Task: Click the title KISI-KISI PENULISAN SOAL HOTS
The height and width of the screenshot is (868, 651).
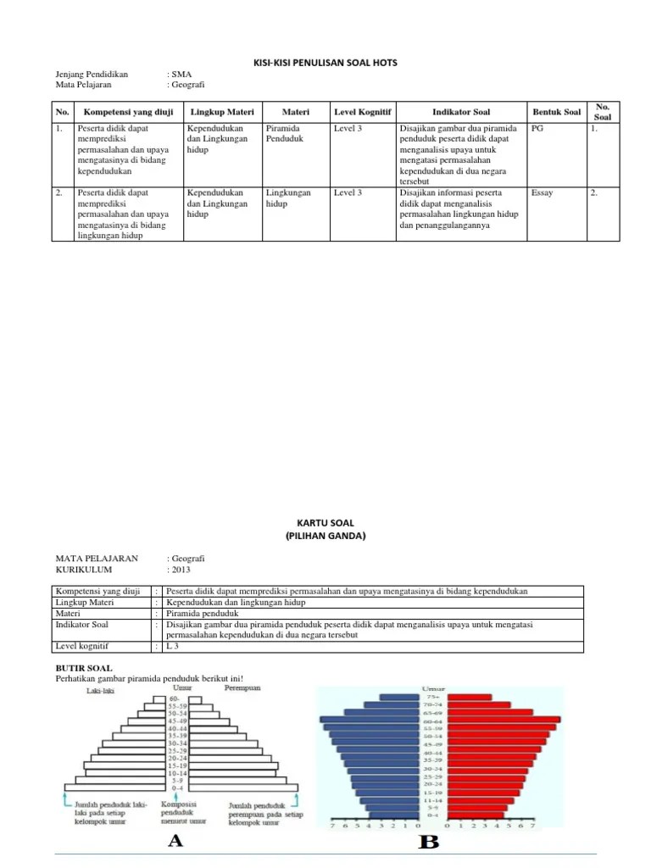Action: point(325,64)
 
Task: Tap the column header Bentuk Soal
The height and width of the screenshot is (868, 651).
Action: point(556,112)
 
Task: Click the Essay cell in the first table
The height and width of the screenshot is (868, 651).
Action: point(542,192)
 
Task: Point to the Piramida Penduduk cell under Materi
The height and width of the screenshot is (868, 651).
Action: point(283,133)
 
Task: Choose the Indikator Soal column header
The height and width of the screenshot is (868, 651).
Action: point(460,112)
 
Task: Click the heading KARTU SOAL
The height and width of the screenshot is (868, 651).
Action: point(325,525)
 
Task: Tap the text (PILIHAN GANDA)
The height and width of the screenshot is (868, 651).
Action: point(325,536)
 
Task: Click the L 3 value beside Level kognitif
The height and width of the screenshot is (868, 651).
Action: point(173,646)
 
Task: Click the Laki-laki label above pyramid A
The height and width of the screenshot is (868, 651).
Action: point(100,691)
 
